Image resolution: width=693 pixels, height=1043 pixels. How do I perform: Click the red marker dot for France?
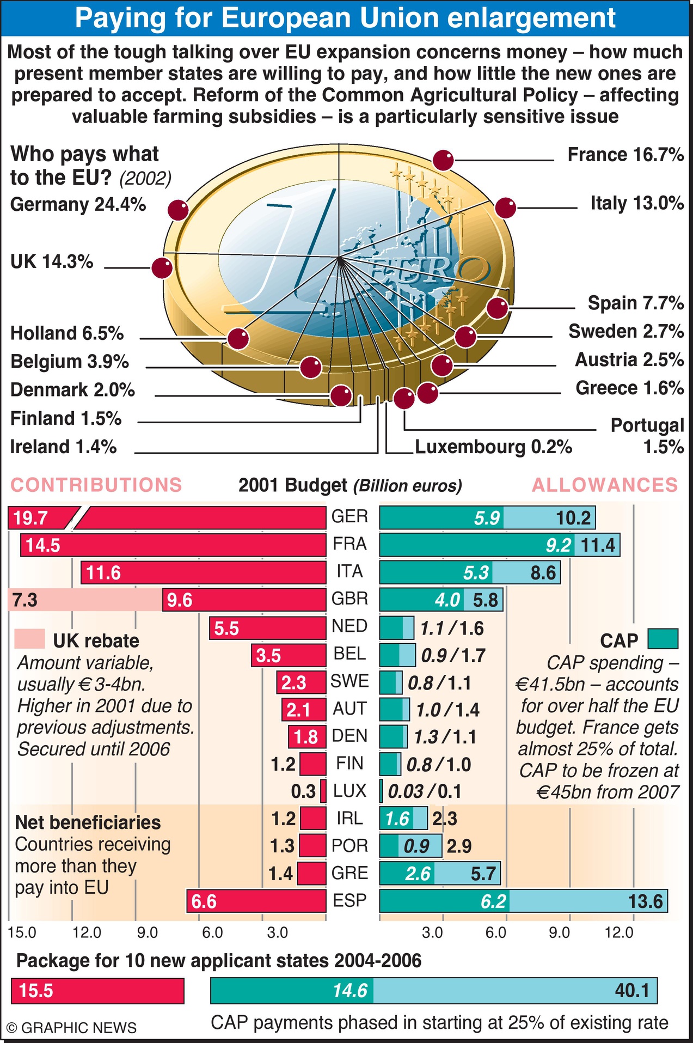click(x=443, y=161)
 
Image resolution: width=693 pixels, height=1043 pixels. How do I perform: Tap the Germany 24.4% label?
click(x=78, y=205)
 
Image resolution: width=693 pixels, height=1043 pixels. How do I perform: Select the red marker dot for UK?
click(x=162, y=268)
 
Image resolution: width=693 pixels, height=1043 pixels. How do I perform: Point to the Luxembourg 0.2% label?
click(x=493, y=447)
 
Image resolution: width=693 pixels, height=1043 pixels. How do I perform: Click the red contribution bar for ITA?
click(x=204, y=572)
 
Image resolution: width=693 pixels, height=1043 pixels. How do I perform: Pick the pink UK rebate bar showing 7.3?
click(x=85, y=600)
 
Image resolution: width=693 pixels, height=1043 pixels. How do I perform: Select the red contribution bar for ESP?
click(x=256, y=901)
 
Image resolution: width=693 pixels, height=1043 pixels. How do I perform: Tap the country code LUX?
click(x=350, y=791)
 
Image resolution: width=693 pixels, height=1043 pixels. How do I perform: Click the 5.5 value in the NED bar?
click(x=226, y=629)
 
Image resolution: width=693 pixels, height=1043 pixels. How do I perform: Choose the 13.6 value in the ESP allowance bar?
click(x=646, y=901)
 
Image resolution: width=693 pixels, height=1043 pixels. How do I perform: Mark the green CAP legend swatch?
click(x=663, y=639)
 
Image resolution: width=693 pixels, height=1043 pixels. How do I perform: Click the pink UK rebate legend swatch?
click(x=30, y=639)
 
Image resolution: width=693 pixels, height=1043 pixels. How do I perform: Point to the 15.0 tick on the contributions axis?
click(x=22, y=933)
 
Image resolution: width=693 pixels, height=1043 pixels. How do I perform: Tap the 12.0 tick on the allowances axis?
click(x=620, y=933)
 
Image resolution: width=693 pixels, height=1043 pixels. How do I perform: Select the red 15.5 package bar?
click(x=98, y=991)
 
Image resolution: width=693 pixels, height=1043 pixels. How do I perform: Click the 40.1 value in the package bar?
click(x=632, y=991)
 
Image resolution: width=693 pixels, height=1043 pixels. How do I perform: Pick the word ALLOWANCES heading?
click(x=605, y=485)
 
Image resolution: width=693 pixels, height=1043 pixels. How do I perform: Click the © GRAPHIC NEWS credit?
click(x=71, y=1028)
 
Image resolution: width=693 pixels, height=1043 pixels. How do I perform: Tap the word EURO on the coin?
click(x=430, y=269)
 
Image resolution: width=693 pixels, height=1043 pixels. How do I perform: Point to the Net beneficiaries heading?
click(x=88, y=822)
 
